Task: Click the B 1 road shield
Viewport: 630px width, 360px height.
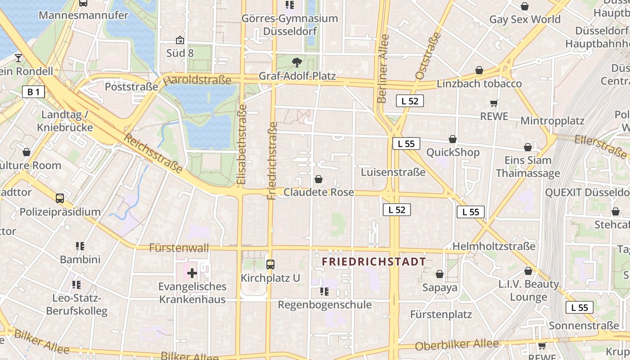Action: tap(34, 92)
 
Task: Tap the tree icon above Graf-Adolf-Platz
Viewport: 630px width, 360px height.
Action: tap(297, 63)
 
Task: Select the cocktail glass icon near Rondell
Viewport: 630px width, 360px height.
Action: tap(18, 58)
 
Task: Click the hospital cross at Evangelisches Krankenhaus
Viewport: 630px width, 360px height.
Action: tap(192, 273)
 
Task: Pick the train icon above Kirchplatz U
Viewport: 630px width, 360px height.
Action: tap(270, 265)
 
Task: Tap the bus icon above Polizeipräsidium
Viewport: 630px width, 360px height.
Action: tap(59, 198)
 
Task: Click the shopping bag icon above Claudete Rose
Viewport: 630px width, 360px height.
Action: tap(319, 179)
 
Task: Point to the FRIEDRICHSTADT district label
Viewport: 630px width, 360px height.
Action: tap(373, 262)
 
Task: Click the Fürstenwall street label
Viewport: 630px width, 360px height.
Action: tap(179, 248)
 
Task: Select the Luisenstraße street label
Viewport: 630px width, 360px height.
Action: tap(393, 172)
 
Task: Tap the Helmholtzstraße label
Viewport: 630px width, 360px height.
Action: tap(494, 246)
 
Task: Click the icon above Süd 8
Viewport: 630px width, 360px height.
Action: tap(180, 40)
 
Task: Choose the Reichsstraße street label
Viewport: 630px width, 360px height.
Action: tap(153, 153)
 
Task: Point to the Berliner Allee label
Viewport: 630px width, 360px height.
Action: tap(383, 69)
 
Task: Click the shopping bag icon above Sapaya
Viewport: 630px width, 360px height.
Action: tap(440, 274)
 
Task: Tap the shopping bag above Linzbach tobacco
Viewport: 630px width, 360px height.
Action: tap(479, 70)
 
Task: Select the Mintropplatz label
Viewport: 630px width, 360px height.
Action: tap(552, 121)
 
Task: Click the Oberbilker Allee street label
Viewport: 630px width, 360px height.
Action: tap(457, 345)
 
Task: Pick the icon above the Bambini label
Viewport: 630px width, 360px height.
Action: tap(80, 246)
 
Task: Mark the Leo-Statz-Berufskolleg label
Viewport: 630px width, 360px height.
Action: tap(77, 304)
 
